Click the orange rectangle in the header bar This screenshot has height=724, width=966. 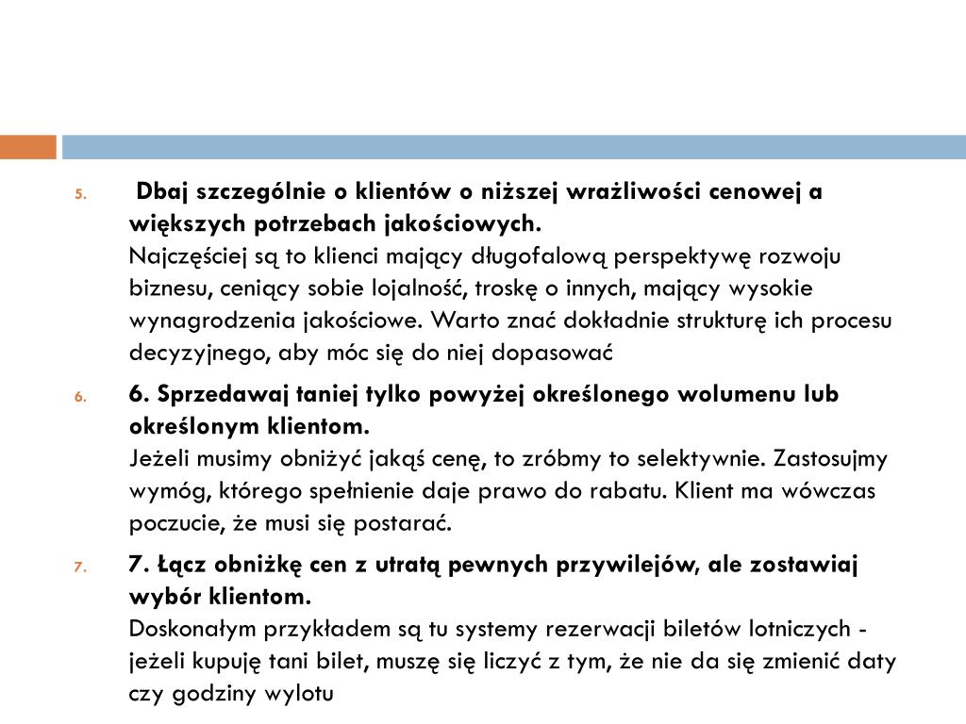point(27,147)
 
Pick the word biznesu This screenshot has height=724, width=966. point(161,288)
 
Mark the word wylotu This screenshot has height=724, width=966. point(304,693)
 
